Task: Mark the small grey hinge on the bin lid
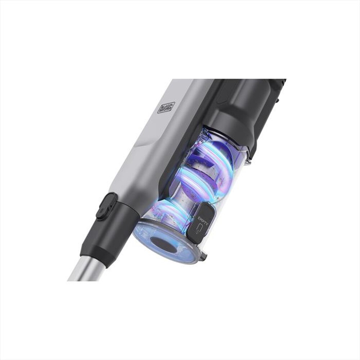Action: (204, 256)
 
